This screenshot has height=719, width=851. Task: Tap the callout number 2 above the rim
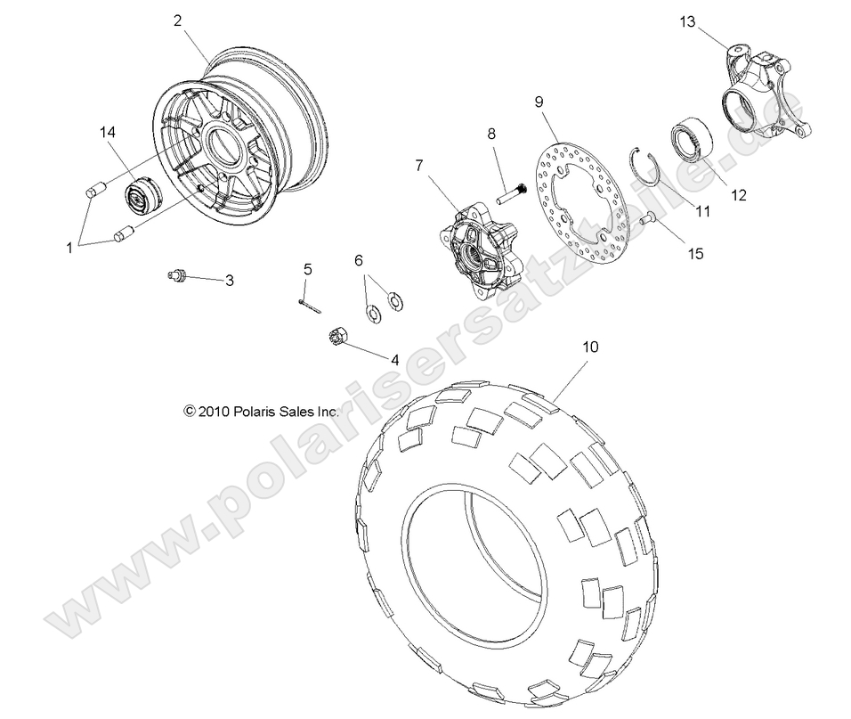[178, 20]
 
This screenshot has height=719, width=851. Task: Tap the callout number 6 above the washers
[359, 260]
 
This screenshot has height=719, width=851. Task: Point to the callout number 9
[539, 101]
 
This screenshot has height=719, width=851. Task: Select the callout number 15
[695, 253]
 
